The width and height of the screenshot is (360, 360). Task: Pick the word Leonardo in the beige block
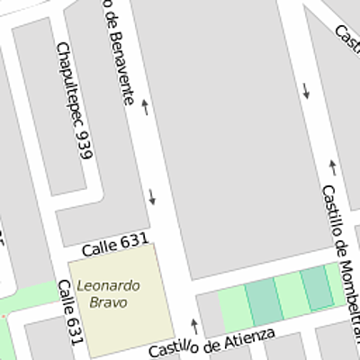tap(108, 285)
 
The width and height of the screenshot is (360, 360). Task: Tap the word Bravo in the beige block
tap(108, 302)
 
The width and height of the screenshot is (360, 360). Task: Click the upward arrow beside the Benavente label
tap(144, 109)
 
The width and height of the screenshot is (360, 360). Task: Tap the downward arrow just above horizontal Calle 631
tap(151, 195)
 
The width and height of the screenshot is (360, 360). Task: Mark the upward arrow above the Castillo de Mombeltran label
tap(333, 166)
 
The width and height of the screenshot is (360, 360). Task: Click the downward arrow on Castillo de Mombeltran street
tap(306, 90)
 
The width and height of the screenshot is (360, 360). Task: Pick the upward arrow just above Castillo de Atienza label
tap(193, 324)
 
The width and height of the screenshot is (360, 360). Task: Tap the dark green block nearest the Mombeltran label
tap(316, 288)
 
